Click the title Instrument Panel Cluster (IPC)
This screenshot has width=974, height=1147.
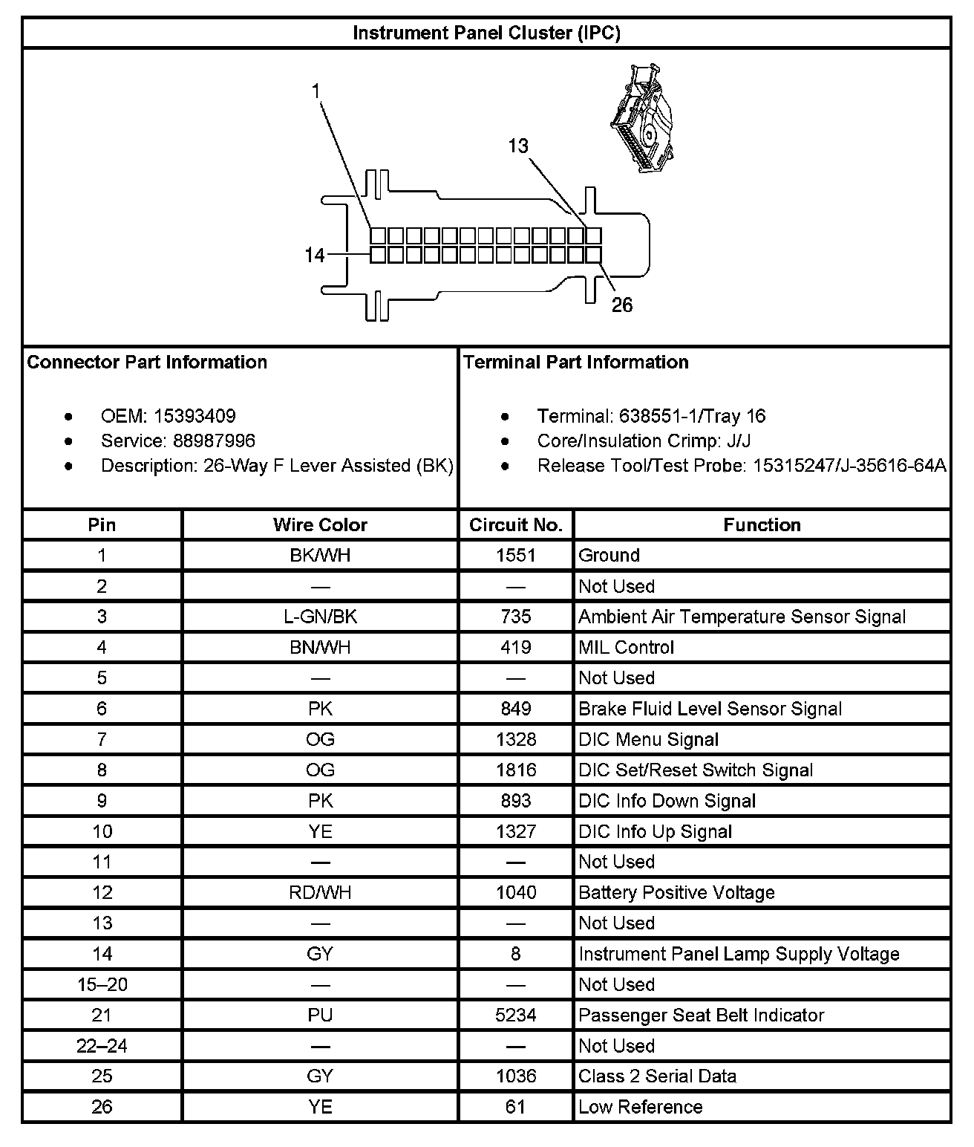click(x=486, y=33)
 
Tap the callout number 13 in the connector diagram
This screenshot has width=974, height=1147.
click(x=518, y=146)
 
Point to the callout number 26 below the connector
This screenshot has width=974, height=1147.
click(x=622, y=305)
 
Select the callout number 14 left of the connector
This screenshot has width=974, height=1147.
click(x=315, y=256)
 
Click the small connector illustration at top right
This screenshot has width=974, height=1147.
click(x=642, y=119)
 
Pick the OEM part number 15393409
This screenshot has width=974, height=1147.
click(x=195, y=416)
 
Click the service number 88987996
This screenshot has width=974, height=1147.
click(x=214, y=441)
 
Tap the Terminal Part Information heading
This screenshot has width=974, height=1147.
click(x=576, y=363)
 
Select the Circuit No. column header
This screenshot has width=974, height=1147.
click(x=515, y=525)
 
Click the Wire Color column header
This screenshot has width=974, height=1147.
click(x=320, y=525)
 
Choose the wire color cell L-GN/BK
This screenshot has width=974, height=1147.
click(x=320, y=617)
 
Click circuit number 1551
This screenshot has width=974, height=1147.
click(x=515, y=556)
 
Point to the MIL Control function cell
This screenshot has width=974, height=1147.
click(x=626, y=648)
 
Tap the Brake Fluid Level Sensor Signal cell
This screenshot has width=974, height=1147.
click(x=710, y=709)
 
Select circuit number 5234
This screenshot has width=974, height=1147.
click(x=515, y=1016)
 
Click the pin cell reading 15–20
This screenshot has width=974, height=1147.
click(x=102, y=985)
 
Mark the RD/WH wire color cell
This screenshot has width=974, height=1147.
click(x=320, y=893)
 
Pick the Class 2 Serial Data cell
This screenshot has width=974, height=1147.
click(x=657, y=1076)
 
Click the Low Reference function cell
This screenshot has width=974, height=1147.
click(x=640, y=1107)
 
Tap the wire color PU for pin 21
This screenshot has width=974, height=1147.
click(x=320, y=1016)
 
